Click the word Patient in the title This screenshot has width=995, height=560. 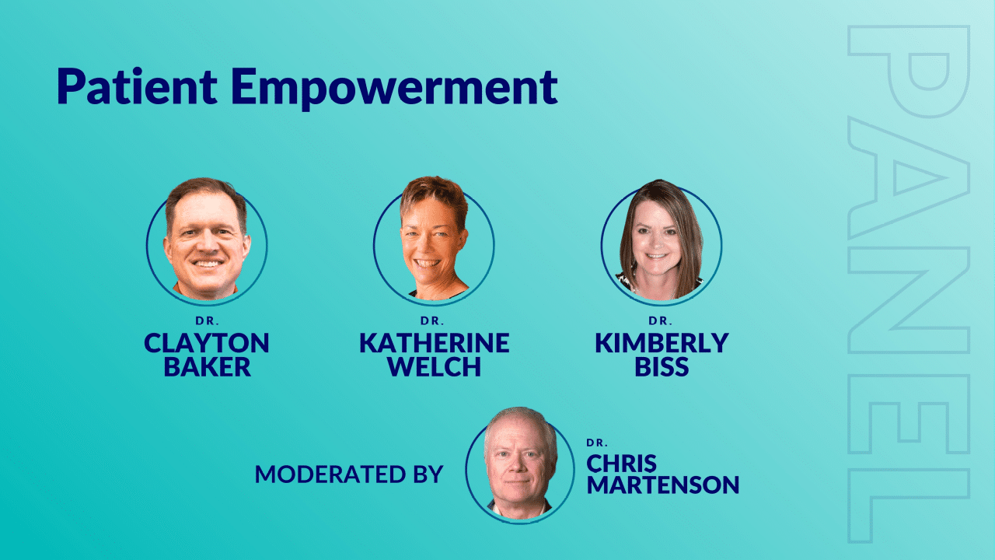point(137,86)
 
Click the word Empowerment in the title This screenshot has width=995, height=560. point(394,89)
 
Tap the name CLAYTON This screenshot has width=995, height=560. point(207,343)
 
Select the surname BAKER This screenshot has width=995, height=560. point(207,366)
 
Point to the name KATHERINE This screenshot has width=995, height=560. point(434,343)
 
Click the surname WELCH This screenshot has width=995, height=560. point(434,366)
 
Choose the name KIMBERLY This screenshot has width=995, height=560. point(662,343)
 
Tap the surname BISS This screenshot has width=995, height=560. point(662,366)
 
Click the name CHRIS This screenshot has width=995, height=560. point(621,464)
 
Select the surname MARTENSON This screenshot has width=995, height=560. point(663,485)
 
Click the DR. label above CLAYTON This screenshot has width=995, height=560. point(207,320)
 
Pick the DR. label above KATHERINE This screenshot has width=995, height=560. point(432,320)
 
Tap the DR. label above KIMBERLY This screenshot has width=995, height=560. point(660,320)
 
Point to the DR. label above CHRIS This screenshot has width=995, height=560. point(597,443)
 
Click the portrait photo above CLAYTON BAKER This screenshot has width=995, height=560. point(207,241)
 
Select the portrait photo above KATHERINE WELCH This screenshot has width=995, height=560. point(434,240)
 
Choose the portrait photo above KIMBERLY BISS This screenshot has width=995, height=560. point(662,242)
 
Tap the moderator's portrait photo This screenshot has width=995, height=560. point(520,465)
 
